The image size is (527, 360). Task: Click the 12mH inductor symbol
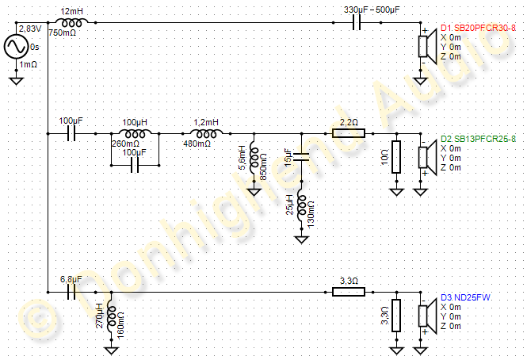71,23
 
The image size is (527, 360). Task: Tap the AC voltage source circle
16,47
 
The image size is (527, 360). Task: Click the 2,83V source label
29,29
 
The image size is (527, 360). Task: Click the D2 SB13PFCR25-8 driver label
478,138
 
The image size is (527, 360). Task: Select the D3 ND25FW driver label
466,297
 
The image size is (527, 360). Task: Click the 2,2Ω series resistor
348,133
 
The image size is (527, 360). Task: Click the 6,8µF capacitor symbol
71,293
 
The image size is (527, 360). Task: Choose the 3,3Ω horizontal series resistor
348,293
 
